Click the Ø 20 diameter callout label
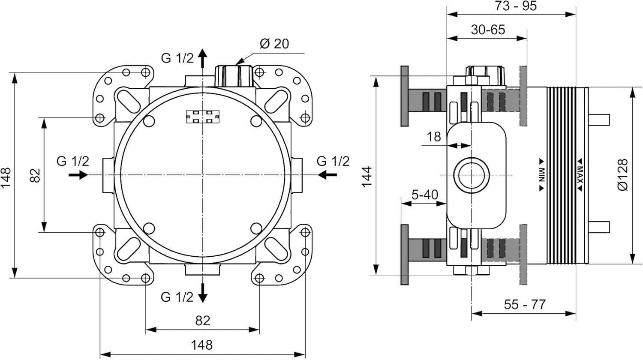click(274, 44)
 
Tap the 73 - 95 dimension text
click(516, 6)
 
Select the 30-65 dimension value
click(488, 30)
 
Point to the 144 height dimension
click(367, 177)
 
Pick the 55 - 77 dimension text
click(525, 305)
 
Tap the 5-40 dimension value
click(425, 195)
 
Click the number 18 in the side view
click(434, 137)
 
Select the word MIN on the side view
click(541, 175)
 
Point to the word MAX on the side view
click(580, 175)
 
